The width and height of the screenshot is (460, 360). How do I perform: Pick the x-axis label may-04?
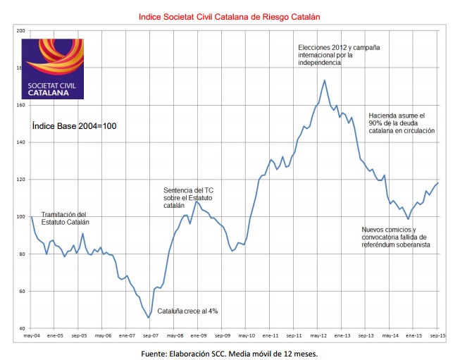point(31,336)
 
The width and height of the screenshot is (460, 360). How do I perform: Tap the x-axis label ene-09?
point(199,336)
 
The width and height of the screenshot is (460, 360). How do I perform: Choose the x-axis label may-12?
point(318,336)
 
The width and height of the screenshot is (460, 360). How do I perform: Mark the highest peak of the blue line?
point(324,80)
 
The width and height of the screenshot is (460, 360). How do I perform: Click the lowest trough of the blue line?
point(149,318)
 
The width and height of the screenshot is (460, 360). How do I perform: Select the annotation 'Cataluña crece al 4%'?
point(186,311)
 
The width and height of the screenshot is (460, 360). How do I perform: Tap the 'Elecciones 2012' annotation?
point(339,55)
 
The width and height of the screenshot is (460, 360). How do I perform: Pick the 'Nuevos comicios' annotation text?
point(395,237)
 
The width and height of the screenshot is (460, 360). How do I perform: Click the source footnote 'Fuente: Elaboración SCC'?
point(230,354)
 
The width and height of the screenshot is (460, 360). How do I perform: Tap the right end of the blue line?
point(438,183)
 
